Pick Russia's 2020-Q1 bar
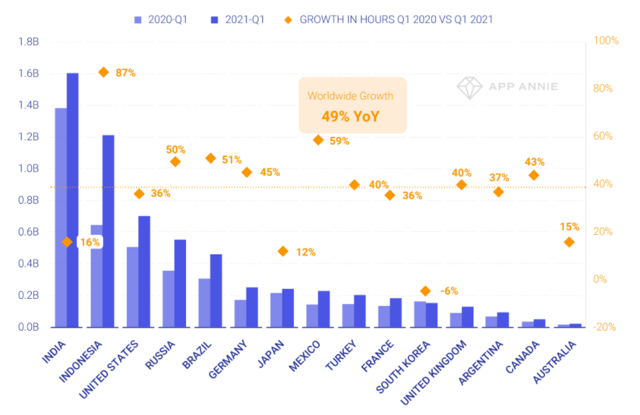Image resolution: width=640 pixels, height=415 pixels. click(168, 299)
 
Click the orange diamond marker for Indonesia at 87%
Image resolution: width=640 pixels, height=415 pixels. click(104, 72)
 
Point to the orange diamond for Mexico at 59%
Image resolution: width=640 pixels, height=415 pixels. click(318, 140)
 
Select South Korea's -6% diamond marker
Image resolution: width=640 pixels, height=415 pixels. click(425, 290)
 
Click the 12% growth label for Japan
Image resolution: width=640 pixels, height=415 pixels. click(306, 252)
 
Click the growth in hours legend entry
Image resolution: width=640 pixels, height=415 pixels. click(389, 19)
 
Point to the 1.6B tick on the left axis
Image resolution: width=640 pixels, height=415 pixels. click(27, 73)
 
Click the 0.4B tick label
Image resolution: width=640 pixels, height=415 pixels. click(27, 264)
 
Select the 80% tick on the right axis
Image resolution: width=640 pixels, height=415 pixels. click(606, 88)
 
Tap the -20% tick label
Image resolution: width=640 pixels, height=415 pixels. click(606, 327)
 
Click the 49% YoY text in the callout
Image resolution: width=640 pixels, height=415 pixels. click(352, 116)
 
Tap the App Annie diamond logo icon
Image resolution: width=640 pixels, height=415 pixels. click(469, 87)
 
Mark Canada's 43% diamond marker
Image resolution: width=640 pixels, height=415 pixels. click(533, 175)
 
